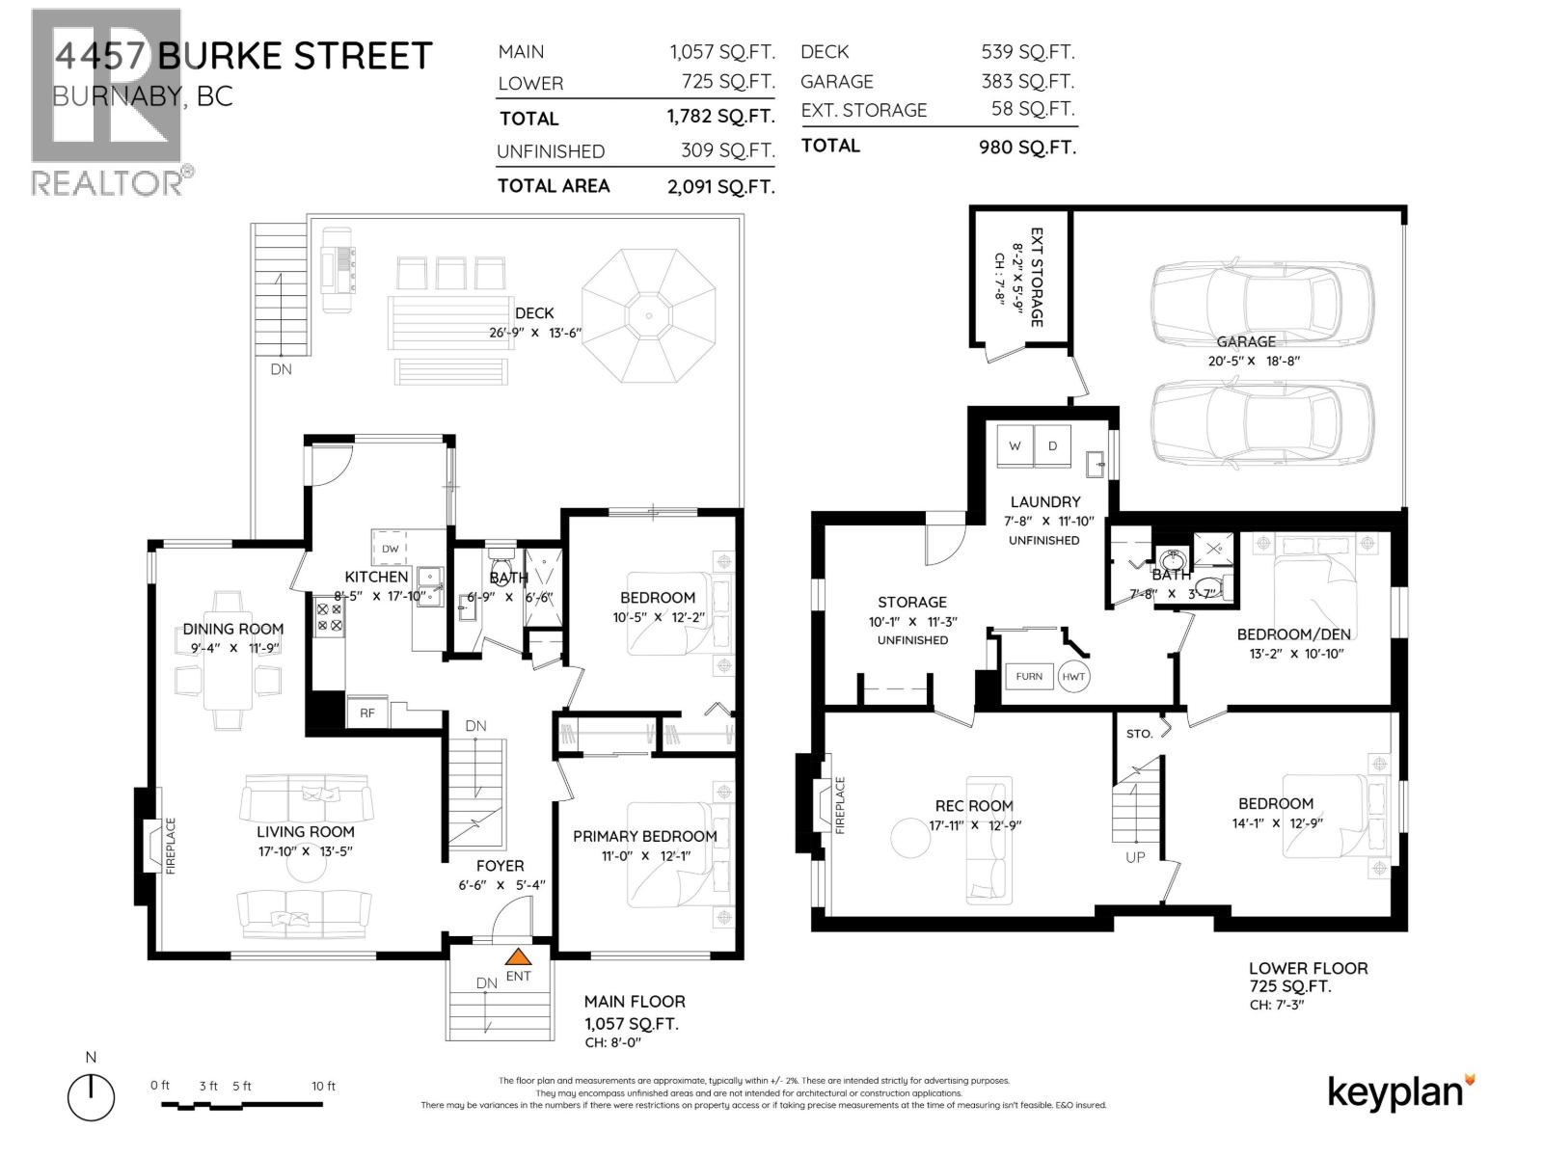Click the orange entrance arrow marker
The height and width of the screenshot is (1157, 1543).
tap(519, 957)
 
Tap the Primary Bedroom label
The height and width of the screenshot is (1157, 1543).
tap(644, 836)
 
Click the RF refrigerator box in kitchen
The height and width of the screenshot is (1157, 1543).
tap(366, 713)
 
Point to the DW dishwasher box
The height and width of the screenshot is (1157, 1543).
tap(391, 549)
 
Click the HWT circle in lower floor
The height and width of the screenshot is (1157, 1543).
tap(1073, 676)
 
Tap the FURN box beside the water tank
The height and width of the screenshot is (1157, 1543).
tap(1029, 676)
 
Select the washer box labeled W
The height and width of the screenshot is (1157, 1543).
tap(1015, 445)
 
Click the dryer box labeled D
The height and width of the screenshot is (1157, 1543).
tap(1052, 445)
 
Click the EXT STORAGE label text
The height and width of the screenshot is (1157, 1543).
tap(1037, 278)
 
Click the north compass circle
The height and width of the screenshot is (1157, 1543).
tap(91, 1097)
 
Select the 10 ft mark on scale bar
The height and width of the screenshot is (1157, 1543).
tap(324, 1086)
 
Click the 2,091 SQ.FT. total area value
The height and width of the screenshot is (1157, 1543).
tap(720, 187)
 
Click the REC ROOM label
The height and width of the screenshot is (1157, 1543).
tap(973, 806)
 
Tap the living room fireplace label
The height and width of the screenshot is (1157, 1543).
tap(171, 847)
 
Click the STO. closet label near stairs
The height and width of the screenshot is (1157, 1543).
tap(1139, 734)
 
